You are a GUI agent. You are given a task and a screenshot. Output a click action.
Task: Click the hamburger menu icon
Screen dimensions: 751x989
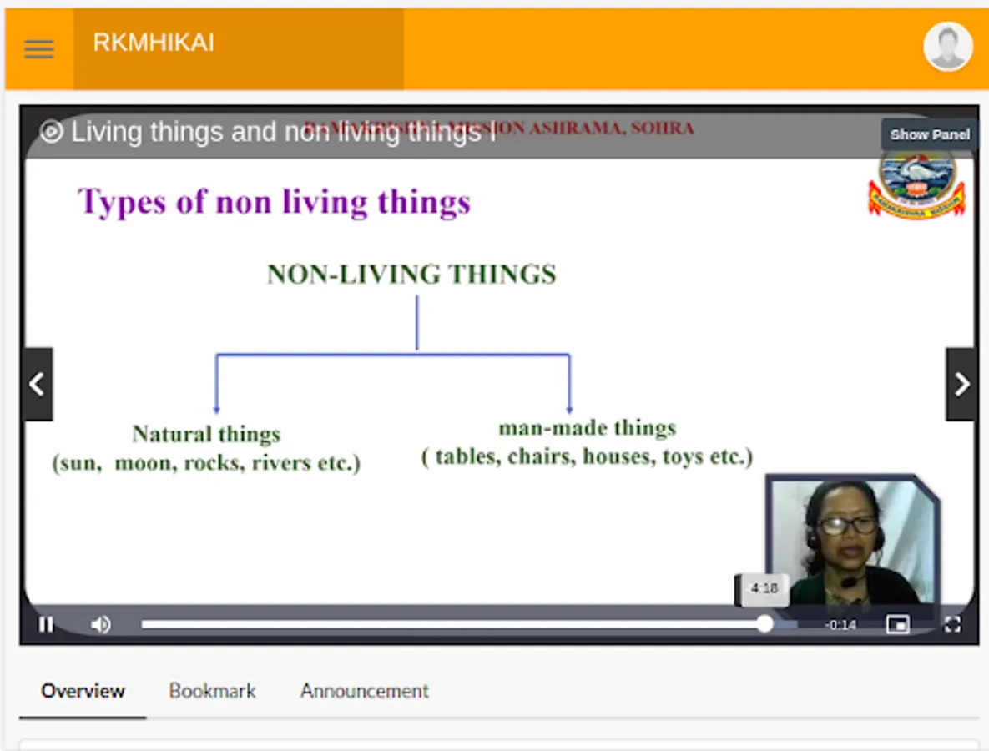[x=39, y=48]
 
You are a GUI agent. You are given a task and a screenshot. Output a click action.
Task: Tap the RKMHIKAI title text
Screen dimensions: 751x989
[x=154, y=43]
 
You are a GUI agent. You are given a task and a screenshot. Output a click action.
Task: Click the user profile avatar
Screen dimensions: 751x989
[x=947, y=47]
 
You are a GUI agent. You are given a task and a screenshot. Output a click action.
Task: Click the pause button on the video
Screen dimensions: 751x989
[x=46, y=624]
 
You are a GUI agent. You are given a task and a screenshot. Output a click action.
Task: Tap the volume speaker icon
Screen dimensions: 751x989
[x=101, y=624]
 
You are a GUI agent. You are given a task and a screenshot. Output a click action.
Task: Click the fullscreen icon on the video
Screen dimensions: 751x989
[x=952, y=624]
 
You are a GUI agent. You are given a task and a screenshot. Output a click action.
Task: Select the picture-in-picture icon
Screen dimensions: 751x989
[x=898, y=624]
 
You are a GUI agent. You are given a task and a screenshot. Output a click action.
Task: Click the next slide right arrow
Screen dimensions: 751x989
[x=961, y=384]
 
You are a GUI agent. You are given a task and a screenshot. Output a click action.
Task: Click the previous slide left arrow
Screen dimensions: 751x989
[x=38, y=384]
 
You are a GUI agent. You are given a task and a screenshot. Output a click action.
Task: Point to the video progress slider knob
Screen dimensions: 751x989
[x=764, y=623]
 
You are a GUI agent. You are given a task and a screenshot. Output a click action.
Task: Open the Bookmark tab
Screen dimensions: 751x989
[x=212, y=691]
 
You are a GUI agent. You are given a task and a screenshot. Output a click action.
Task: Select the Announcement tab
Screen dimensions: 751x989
[x=365, y=691]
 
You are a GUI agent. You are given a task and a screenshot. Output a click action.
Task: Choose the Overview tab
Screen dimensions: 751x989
[x=83, y=691]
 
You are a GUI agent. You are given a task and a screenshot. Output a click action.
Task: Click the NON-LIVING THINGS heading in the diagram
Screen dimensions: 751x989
[x=411, y=275]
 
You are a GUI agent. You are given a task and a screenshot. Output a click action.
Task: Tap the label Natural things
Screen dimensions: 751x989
[x=206, y=434]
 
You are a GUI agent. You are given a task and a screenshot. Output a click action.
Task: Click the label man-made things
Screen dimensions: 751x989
[x=587, y=428]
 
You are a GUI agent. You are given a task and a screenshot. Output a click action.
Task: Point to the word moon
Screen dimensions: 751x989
[x=144, y=463]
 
